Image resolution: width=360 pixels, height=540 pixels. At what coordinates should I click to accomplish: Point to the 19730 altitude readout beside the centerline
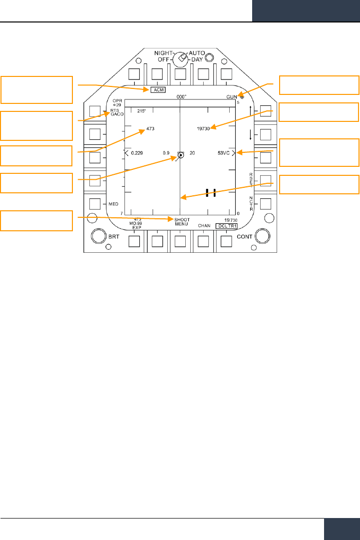pos(205,129)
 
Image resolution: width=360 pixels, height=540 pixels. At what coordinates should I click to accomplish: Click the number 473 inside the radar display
pos(150,129)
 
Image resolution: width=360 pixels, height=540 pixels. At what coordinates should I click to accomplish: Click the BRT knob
pos(99,236)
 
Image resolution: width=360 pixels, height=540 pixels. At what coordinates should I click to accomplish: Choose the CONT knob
pos(261,236)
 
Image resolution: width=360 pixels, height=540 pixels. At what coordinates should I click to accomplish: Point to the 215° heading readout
pos(142,111)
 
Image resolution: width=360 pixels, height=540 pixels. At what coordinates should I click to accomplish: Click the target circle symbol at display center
pos(180,155)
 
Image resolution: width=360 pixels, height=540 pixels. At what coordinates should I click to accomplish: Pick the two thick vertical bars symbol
pos(210,193)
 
